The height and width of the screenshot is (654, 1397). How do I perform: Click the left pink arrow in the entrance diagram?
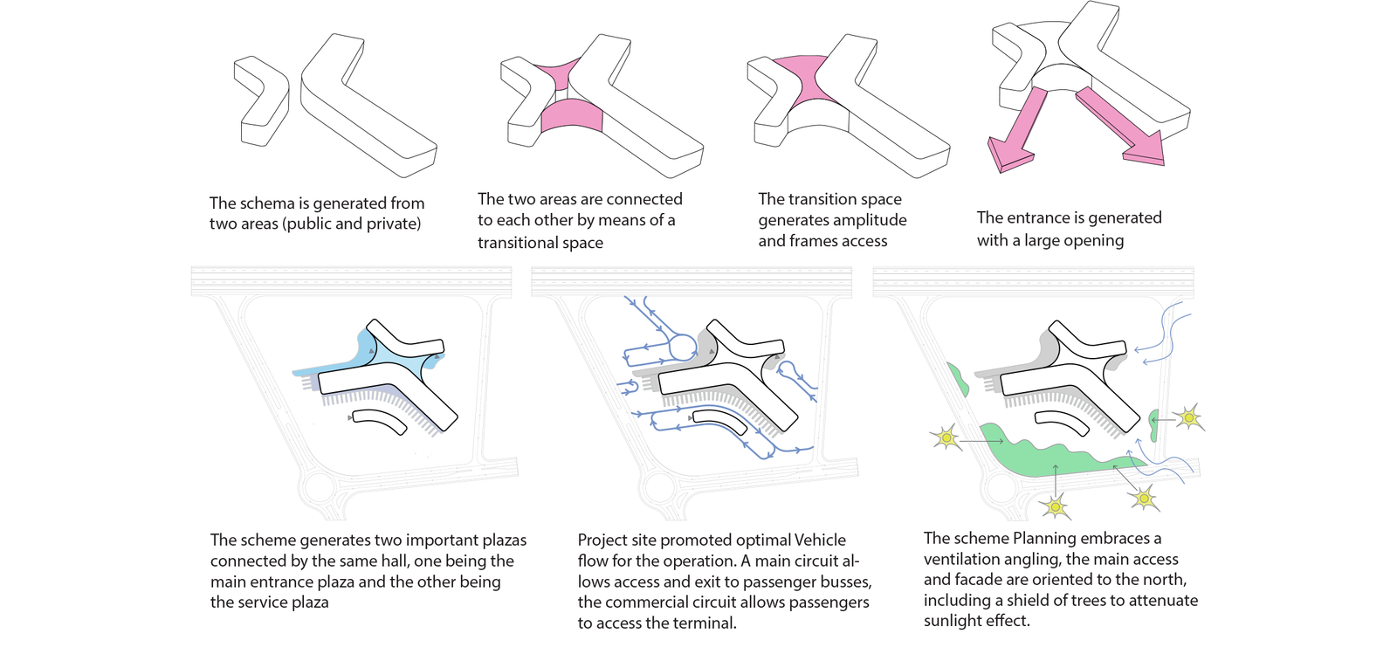(1013, 132)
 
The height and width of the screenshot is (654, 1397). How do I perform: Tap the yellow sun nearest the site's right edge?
(1188, 417)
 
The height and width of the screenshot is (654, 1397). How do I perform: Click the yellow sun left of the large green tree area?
(946, 437)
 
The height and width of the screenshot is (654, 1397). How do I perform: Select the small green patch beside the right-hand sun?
(1154, 425)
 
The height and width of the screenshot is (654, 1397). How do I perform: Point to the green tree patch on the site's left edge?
(958, 379)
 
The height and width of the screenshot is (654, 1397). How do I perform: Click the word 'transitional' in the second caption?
(516, 243)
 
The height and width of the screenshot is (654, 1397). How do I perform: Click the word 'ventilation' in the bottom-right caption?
(960, 559)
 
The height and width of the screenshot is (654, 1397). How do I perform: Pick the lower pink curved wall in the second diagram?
(572, 116)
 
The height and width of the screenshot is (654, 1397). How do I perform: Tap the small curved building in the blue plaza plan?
(380, 422)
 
